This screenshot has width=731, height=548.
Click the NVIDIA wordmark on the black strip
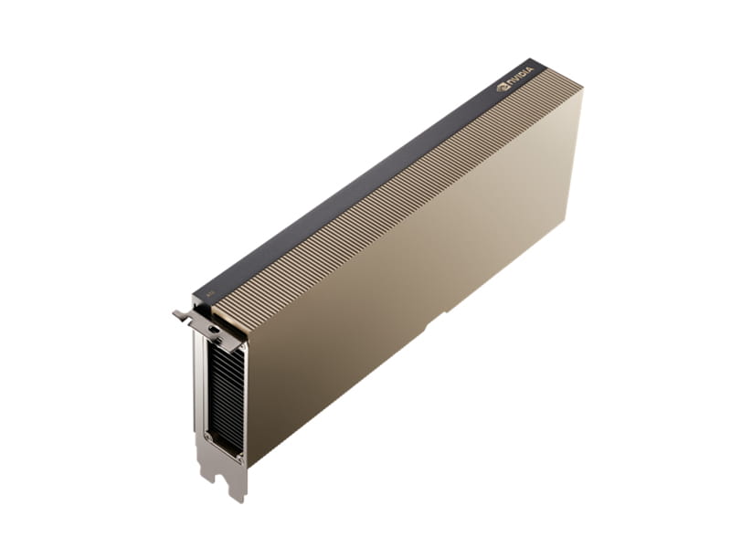click(x=519, y=84)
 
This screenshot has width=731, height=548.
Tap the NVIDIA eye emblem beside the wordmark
click(x=502, y=89)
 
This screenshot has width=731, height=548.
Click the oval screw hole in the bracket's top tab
click(x=211, y=326)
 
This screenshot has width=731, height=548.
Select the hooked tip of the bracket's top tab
click(x=176, y=314)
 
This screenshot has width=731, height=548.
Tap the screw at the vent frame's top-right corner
click(x=240, y=351)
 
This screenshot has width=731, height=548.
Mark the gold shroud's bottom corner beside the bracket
click(x=249, y=463)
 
